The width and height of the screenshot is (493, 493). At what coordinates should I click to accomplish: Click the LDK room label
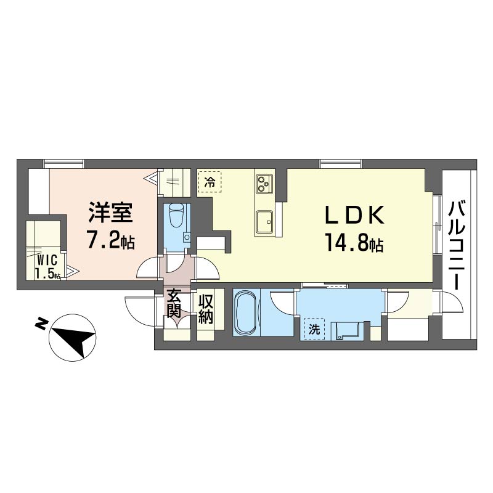(x=354, y=214)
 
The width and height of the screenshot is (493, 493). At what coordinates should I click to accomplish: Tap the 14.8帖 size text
(x=354, y=243)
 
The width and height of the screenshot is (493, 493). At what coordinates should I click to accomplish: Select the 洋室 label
(x=110, y=212)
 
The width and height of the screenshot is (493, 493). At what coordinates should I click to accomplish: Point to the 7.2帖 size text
(x=110, y=240)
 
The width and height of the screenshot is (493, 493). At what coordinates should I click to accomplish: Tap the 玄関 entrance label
(x=174, y=303)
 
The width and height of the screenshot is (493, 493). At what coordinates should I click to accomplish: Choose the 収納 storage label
(x=206, y=309)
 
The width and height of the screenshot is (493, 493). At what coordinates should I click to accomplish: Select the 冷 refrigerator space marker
(x=210, y=181)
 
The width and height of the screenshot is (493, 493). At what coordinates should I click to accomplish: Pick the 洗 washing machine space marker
(x=314, y=329)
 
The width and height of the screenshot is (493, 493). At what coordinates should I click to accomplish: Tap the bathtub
(x=246, y=313)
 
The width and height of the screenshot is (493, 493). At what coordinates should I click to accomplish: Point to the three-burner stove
(x=264, y=183)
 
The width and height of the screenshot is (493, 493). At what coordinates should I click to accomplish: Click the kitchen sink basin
(x=264, y=222)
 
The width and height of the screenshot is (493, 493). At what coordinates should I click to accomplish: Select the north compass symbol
(x=73, y=338)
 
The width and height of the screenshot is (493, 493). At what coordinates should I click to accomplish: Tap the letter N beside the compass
(x=41, y=324)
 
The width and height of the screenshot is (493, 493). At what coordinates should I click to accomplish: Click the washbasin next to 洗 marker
(x=347, y=331)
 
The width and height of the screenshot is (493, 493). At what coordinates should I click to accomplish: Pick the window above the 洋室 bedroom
(x=64, y=164)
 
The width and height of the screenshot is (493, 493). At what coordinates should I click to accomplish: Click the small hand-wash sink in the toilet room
(x=187, y=237)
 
